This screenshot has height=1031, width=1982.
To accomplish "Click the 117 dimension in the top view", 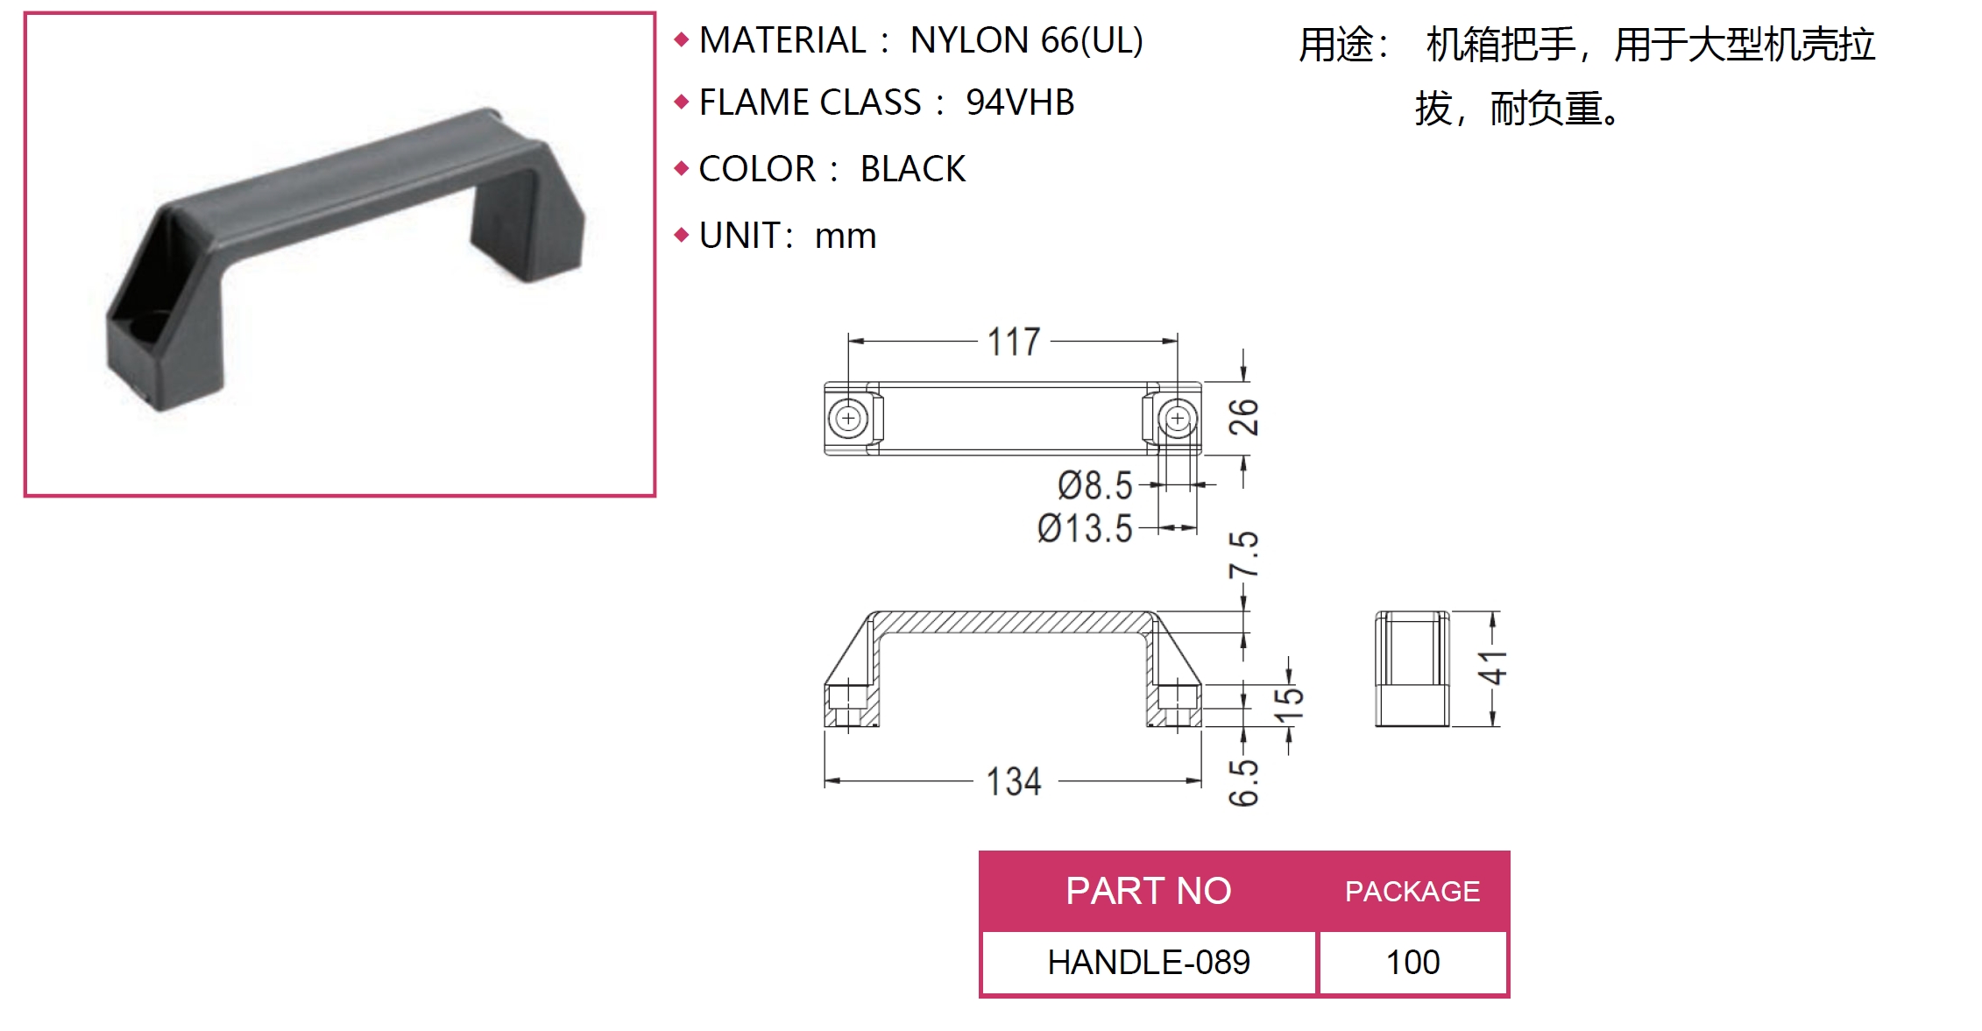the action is pyautogui.click(x=1014, y=342).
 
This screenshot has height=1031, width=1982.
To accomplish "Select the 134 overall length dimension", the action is pyautogui.click(x=1014, y=781).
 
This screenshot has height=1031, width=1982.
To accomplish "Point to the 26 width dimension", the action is pyautogui.click(x=1243, y=417).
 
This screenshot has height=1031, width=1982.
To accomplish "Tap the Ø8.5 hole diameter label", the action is pyautogui.click(x=1095, y=485).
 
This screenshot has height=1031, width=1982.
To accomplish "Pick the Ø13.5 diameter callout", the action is pyautogui.click(x=1085, y=529).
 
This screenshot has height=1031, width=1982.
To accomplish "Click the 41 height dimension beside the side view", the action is pyautogui.click(x=1492, y=668).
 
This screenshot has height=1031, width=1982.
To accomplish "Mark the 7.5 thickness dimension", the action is pyautogui.click(x=1243, y=554).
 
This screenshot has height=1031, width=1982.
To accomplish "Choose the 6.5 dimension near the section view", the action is pyautogui.click(x=1243, y=782).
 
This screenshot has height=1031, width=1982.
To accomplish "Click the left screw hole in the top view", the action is pyautogui.click(x=848, y=419).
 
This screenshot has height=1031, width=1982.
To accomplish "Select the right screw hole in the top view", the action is pyautogui.click(x=1178, y=419).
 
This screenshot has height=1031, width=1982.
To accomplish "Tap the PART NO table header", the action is pyautogui.click(x=1148, y=891).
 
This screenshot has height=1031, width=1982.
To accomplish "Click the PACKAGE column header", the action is pyautogui.click(x=1412, y=892).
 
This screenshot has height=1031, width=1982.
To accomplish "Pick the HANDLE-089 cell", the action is pyautogui.click(x=1149, y=962).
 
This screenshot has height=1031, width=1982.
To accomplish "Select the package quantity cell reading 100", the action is pyautogui.click(x=1412, y=962).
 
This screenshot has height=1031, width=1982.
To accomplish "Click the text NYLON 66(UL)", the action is pyautogui.click(x=1027, y=40).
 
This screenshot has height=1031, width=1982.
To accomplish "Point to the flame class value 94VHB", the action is pyautogui.click(x=1020, y=102).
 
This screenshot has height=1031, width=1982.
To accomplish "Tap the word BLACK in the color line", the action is pyautogui.click(x=913, y=169).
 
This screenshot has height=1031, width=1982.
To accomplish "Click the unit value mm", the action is pyautogui.click(x=846, y=237).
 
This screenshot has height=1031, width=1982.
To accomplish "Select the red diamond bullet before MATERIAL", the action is pyautogui.click(x=682, y=39).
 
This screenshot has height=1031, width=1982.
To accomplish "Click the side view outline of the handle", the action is pyautogui.click(x=1412, y=669).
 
